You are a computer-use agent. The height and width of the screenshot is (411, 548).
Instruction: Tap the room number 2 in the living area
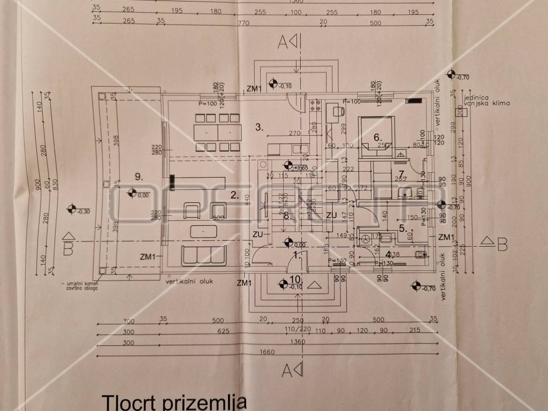(x=234, y=195)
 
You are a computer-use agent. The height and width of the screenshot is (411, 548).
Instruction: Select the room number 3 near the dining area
(x=260, y=127)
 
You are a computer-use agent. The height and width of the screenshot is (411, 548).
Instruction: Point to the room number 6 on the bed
(x=377, y=136)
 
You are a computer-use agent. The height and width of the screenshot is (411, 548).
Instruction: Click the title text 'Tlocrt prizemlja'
(x=173, y=402)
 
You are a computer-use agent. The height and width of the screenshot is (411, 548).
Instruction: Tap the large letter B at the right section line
(x=501, y=245)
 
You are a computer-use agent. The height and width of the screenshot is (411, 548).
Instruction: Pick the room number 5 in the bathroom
(x=402, y=227)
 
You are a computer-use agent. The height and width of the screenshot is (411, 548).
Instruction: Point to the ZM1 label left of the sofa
(x=148, y=257)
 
